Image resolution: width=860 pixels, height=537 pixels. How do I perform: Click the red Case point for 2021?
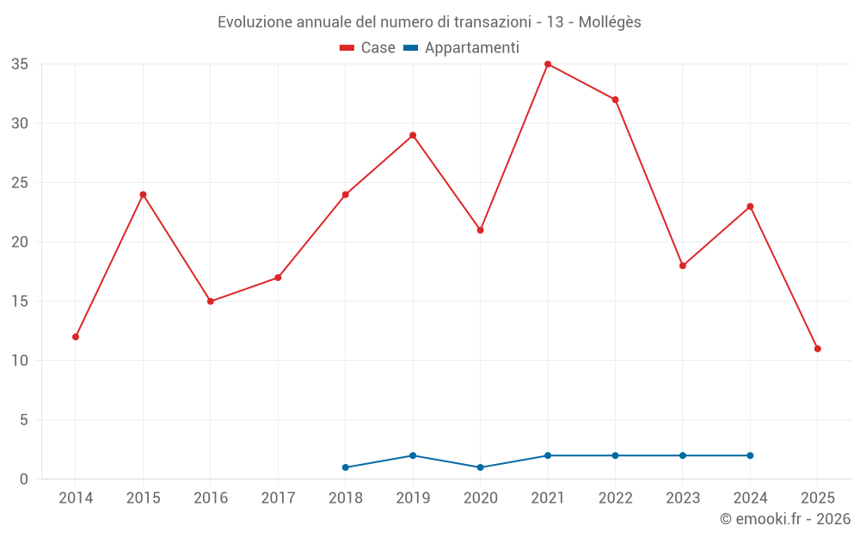(548, 64)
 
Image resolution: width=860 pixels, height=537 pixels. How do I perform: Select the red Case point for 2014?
(76, 337)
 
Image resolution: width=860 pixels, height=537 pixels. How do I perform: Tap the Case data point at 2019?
(413, 135)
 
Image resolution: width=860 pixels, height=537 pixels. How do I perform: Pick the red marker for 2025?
(818, 349)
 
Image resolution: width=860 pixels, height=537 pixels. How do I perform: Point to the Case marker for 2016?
(211, 302)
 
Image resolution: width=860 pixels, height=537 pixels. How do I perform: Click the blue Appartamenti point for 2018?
(346, 467)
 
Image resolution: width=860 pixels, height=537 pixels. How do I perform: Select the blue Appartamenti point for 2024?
(750, 455)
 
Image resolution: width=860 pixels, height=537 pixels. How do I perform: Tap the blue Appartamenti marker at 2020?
(481, 467)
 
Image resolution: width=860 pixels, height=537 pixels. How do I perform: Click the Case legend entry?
(368, 48)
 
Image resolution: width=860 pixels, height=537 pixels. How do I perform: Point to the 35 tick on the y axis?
(20, 64)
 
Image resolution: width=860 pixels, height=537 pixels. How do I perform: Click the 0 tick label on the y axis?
(24, 479)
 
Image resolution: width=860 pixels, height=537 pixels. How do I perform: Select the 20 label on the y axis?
(20, 242)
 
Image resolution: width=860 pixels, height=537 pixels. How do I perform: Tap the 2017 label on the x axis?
(278, 498)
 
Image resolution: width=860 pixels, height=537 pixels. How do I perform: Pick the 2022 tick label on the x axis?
(615, 498)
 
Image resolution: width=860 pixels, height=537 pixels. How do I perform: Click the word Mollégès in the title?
(610, 22)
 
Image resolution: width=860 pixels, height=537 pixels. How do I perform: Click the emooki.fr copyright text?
(785, 519)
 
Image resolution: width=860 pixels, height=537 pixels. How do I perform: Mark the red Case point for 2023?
(683, 265)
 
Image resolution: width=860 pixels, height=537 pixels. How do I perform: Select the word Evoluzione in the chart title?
(254, 22)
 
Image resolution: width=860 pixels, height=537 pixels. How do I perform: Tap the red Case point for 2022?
(615, 100)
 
